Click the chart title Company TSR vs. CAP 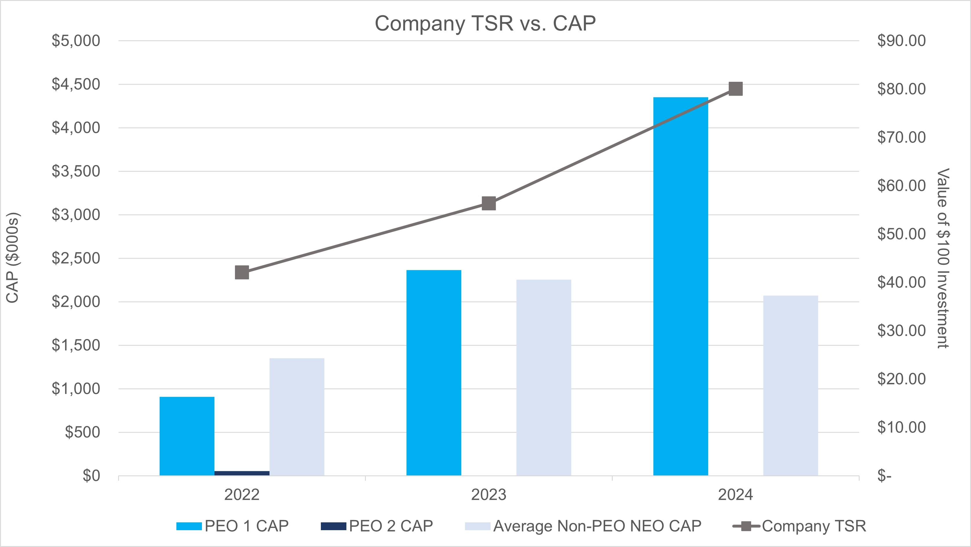(x=485, y=23)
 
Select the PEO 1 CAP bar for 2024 (x=680, y=286)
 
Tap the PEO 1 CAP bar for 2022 (x=187, y=436)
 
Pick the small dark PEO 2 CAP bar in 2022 (x=242, y=473)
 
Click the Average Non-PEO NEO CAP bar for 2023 (x=544, y=377)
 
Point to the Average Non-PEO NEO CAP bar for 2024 (x=791, y=385)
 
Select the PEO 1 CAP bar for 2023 (x=433, y=373)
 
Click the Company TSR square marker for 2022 (x=242, y=272)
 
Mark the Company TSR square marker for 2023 (x=489, y=203)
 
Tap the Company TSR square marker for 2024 (x=735, y=89)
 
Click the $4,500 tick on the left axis (x=76, y=84)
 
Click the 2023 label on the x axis (x=489, y=495)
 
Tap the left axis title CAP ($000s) (x=13, y=258)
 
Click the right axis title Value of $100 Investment (x=943, y=258)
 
